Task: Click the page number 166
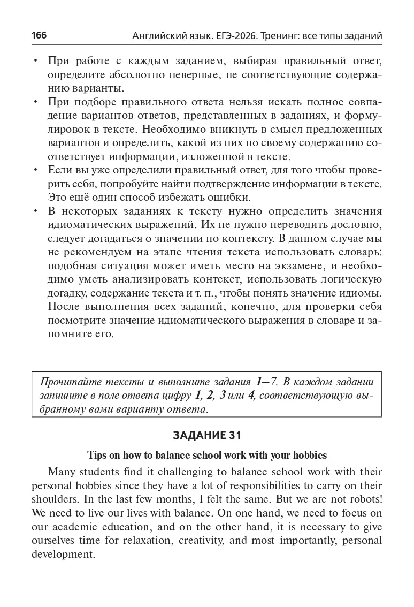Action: point(39,36)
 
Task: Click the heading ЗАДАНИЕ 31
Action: point(206,435)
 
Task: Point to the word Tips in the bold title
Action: point(97,456)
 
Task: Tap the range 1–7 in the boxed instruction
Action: point(266,382)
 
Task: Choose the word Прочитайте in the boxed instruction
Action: point(67,382)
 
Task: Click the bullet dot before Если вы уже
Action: point(35,170)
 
